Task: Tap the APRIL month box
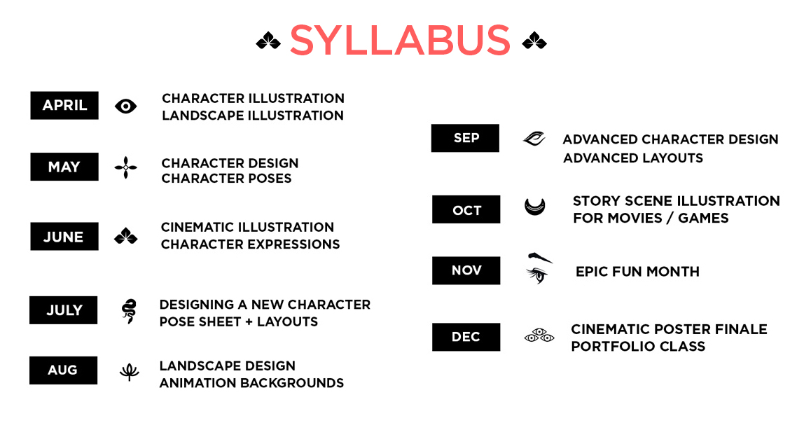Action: click(x=64, y=106)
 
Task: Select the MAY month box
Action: click(x=64, y=167)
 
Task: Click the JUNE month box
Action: click(x=64, y=237)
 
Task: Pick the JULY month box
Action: click(x=63, y=310)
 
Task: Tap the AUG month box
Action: click(x=63, y=370)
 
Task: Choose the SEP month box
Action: click(x=465, y=138)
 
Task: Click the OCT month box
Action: click(x=466, y=209)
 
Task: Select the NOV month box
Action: click(x=466, y=271)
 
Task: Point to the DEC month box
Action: click(x=466, y=337)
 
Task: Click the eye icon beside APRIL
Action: click(x=125, y=106)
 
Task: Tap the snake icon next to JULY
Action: click(x=129, y=311)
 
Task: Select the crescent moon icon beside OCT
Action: click(x=535, y=208)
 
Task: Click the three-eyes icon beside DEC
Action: click(x=539, y=335)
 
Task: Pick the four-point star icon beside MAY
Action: click(x=125, y=167)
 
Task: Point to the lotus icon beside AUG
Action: click(x=129, y=372)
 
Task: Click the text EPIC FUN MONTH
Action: click(x=637, y=272)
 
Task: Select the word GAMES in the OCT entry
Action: click(x=703, y=218)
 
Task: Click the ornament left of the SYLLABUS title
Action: click(x=268, y=41)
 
